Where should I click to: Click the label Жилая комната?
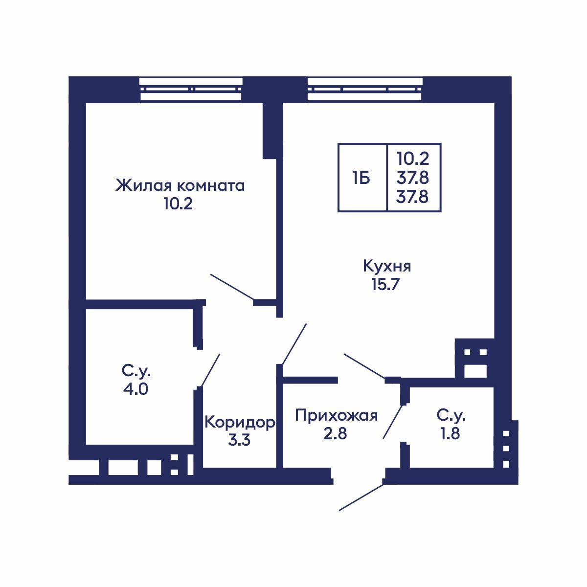pyautogui.click(x=180, y=186)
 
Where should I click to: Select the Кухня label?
pyautogui.click(x=386, y=267)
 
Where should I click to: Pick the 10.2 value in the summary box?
pyautogui.click(x=413, y=158)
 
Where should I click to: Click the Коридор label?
pyautogui.click(x=239, y=422)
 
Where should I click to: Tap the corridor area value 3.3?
pyautogui.click(x=239, y=440)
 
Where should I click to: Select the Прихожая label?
pyautogui.click(x=337, y=416)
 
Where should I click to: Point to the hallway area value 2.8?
pyautogui.click(x=335, y=433)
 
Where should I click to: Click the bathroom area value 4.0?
pyautogui.click(x=136, y=389)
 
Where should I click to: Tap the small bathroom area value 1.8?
pyautogui.click(x=451, y=433)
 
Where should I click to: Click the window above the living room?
pyautogui.click(x=191, y=89)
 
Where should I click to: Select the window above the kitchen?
pyautogui.click(x=365, y=89)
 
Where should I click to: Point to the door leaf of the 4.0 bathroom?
pyautogui.click(x=210, y=370)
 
